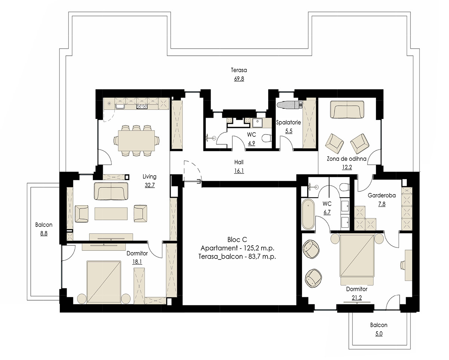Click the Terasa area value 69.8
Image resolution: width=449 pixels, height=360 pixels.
pos(239,79)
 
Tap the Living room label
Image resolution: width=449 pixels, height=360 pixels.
pos(149,176)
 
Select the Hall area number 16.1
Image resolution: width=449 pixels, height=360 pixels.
pos(239,171)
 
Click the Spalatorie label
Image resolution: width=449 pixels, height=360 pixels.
pos(288,122)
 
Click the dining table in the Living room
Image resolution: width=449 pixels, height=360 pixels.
pos(137,141)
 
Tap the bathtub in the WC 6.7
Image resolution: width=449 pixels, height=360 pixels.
pos(308,214)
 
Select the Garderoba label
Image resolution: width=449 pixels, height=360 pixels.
pos(382,195)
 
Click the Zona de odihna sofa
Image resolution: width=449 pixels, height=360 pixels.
pos(347,110)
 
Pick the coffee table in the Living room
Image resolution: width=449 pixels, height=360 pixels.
pos(111,213)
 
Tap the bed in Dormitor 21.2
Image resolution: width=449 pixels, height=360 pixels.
pos(357,259)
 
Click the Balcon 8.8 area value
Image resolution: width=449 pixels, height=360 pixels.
pos(44,233)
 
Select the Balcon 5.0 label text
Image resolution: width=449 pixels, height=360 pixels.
pos(379,325)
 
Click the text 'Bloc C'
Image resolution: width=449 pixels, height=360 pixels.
pos(237,240)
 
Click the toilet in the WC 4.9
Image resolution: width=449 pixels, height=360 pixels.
pos(267,138)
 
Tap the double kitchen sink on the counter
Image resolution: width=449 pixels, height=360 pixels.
pos(142,107)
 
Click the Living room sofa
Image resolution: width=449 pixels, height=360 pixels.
pos(111,191)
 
